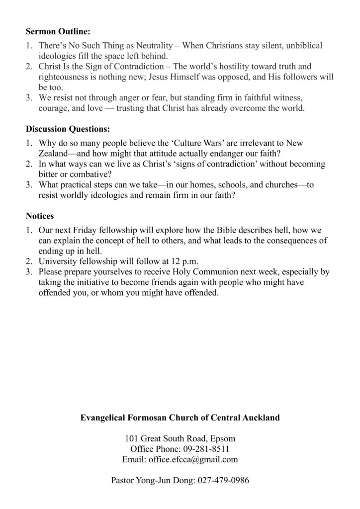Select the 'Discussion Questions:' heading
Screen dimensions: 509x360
[68, 129]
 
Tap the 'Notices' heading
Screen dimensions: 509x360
[40, 216]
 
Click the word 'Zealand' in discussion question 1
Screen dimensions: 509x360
[54, 154]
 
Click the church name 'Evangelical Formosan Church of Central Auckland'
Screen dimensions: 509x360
[180, 418]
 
